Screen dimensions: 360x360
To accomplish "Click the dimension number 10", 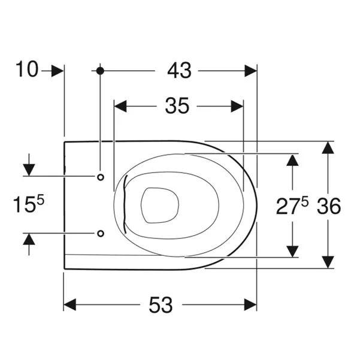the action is click(x=26, y=69).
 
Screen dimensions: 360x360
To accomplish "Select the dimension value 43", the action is click(x=179, y=71).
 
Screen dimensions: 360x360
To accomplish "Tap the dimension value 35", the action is click(x=177, y=106).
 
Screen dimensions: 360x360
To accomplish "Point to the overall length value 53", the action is click(x=161, y=305).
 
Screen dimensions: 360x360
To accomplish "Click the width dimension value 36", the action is click(x=329, y=206).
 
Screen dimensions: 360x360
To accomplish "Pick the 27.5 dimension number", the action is click(x=292, y=206).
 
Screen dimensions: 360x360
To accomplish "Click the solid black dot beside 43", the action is click(x=100, y=71).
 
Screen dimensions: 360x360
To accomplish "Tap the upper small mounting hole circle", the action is click(x=101, y=177).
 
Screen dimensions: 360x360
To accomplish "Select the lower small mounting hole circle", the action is click(x=101, y=234).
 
